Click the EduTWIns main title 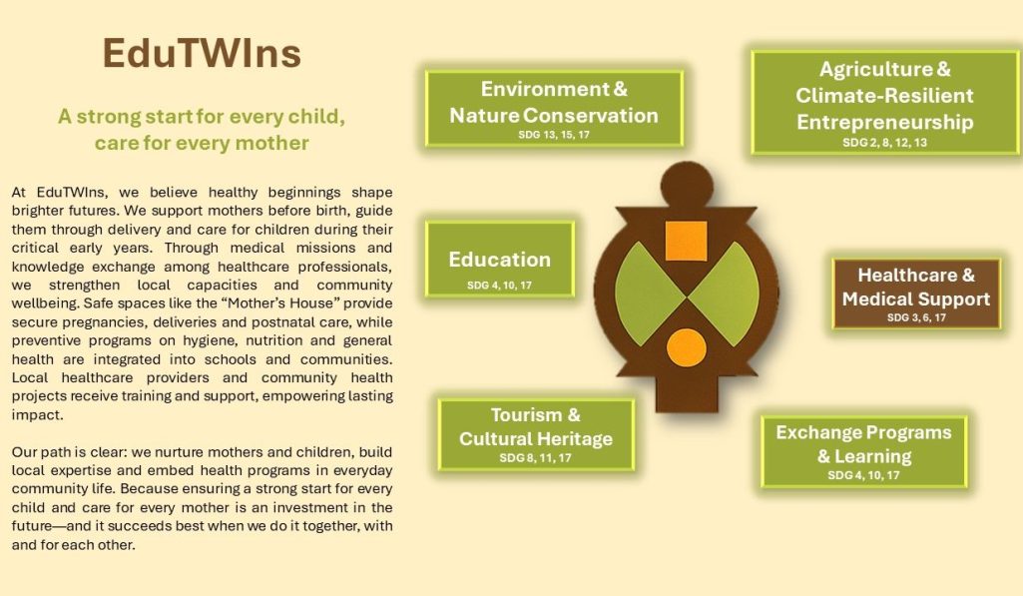click(x=202, y=53)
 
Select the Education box click(x=500, y=260)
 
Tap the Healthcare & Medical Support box click(x=916, y=294)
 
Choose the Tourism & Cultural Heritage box click(x=536, y=434)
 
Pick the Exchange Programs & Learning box click(x=863, y=451)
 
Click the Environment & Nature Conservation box click(x=554, y=109)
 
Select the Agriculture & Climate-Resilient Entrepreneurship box click(x=884, y=103)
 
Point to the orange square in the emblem click(x=686, y=241)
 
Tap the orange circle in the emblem click(x=687, y=348)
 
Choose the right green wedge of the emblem click(x=724, y=294)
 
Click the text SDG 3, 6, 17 click(x=916, y=317)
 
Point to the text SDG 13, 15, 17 click(x=554, y=135)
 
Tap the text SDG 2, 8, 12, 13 click(x=884, y=143)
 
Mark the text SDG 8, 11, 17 click(x=536, y=458)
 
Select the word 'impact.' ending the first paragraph click(x=37, y=415)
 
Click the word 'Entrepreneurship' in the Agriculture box click(x=884, y=123)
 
